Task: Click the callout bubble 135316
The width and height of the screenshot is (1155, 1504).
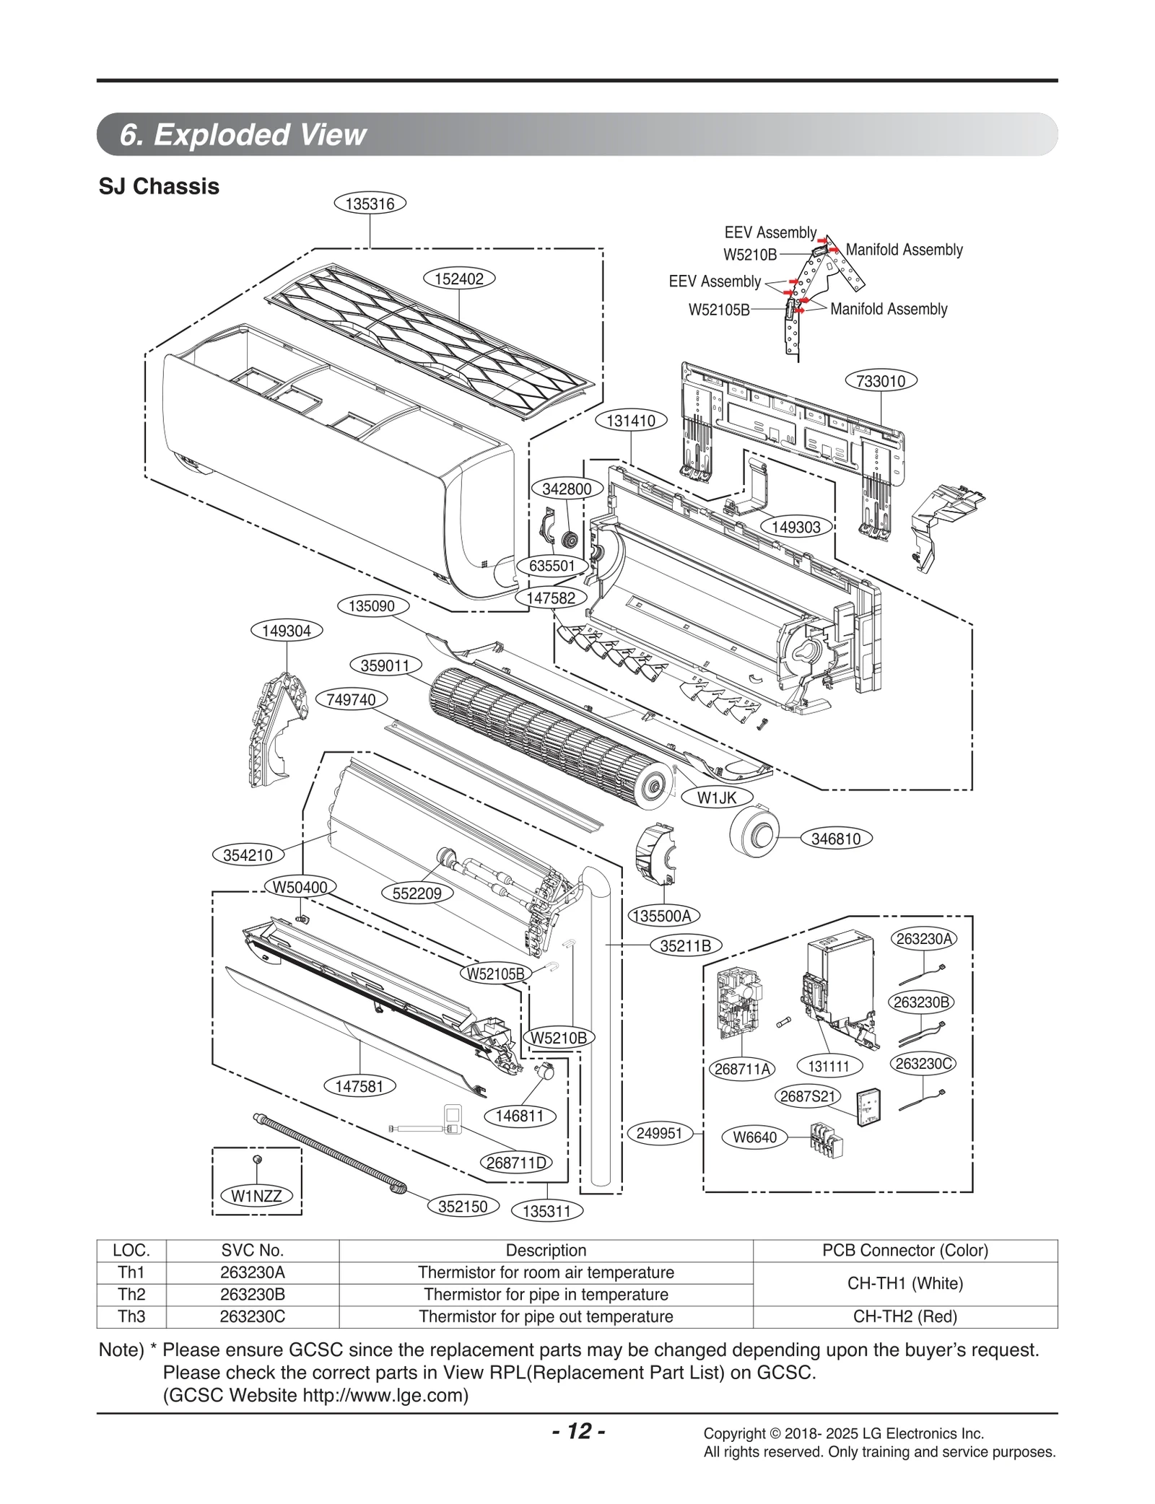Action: [x=370, y=204]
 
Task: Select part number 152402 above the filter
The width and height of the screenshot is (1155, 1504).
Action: [x=459, y=279]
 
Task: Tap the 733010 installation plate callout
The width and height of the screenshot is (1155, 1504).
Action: [x=880, y=380]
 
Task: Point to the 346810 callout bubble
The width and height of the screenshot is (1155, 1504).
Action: [x=836, y=839]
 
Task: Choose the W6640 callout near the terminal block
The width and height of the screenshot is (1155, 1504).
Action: [x=754, y=1137]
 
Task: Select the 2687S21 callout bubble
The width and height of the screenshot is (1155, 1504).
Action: [x=808, y=1096]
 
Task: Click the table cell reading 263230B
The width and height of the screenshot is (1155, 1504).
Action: [x=252, y=1294]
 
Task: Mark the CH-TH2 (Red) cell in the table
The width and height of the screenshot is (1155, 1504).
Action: [x=905, y=1316]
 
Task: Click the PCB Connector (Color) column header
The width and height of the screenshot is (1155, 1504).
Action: [x=905, y=1250]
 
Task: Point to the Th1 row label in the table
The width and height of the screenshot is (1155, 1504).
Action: [x=131, y=1272]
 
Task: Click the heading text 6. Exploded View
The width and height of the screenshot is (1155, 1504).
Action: [x=243, y=135]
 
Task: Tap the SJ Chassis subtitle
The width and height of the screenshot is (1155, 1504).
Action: [x=159, y=187]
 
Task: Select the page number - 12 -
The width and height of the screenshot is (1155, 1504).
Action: [x=577, y=1431]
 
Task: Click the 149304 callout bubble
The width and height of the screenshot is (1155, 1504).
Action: [x=287, y=631]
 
